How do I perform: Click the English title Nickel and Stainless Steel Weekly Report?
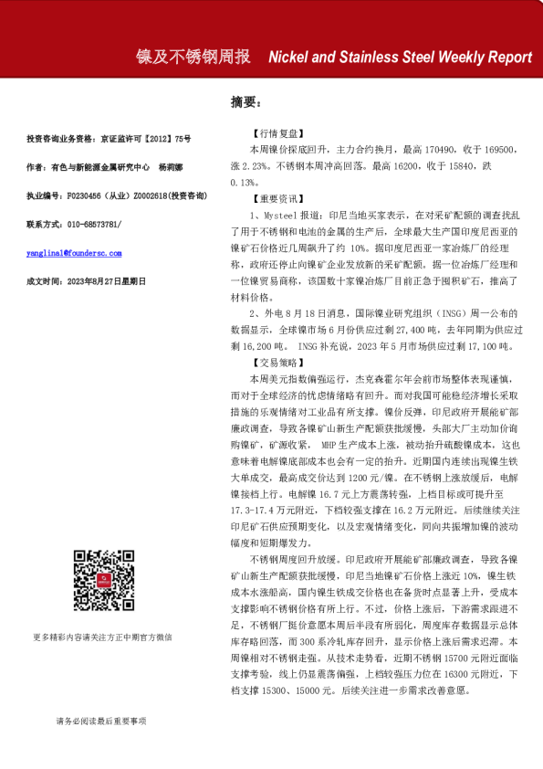400,57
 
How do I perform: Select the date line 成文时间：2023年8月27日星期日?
86,281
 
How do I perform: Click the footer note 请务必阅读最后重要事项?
100,722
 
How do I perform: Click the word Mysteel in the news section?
272,210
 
